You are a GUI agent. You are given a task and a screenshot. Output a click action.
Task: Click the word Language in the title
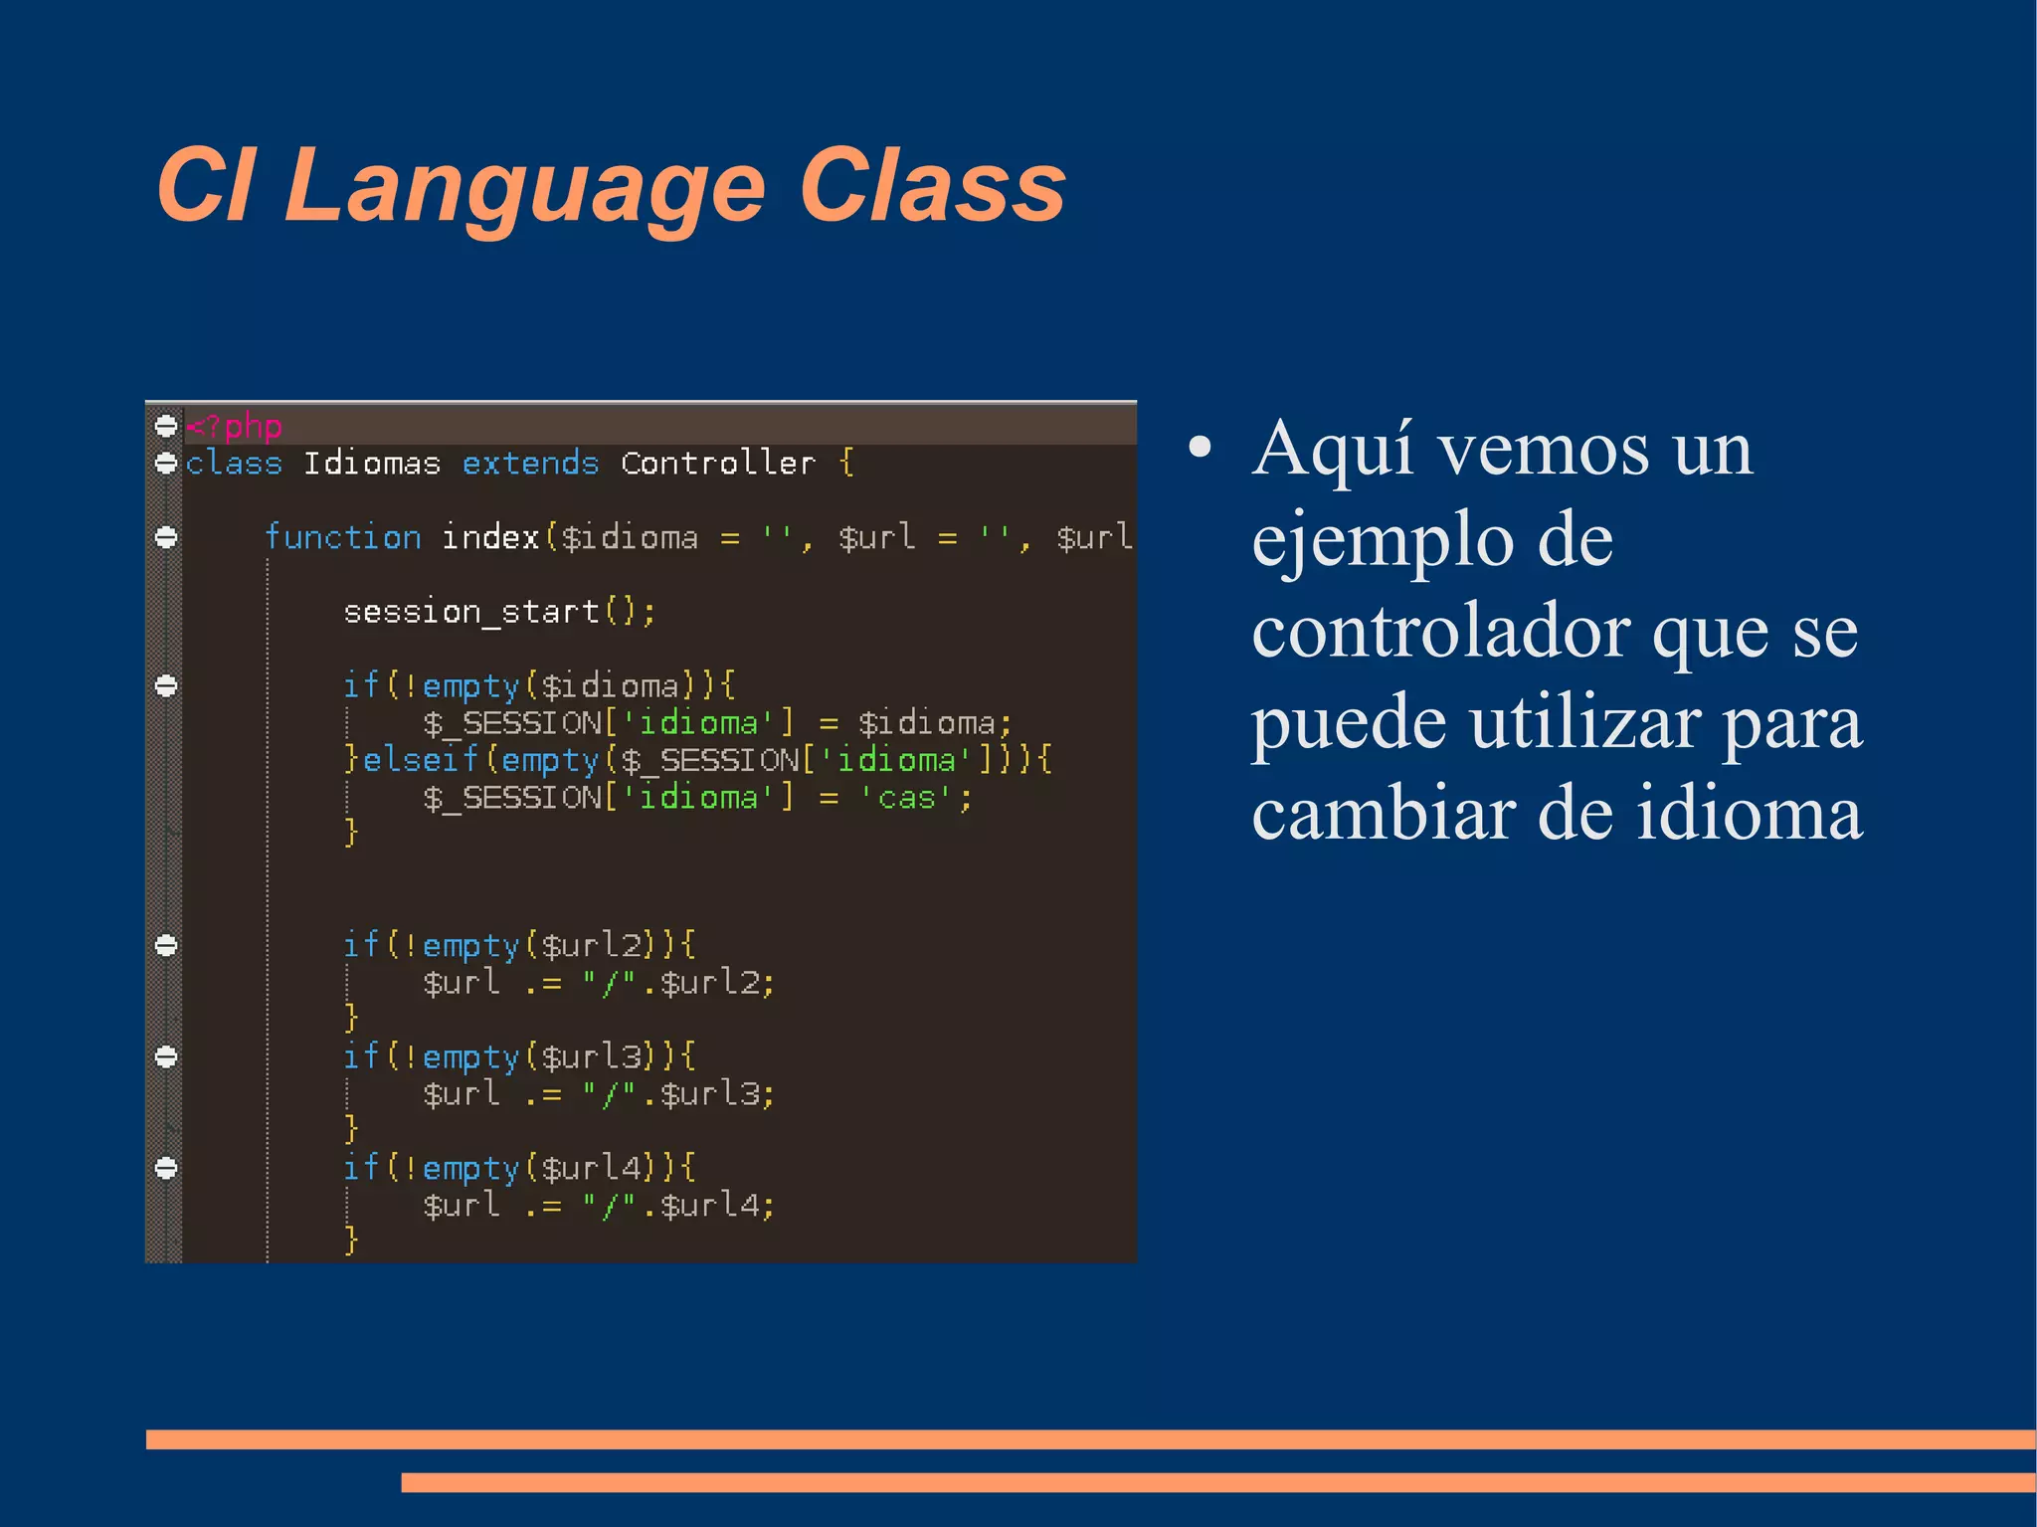(524, 187)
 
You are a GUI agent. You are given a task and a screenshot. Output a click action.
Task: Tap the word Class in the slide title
(932, 185)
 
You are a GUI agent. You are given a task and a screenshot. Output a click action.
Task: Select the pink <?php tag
(235, 427)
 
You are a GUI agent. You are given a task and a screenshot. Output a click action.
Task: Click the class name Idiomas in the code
(372, 464)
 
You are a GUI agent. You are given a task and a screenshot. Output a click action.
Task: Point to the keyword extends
(530, 464)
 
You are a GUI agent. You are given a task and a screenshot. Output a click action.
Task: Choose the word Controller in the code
(717, 464)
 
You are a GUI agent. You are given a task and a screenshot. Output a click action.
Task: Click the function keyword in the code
(343, 537)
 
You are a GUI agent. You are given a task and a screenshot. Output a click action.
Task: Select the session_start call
(498, 612)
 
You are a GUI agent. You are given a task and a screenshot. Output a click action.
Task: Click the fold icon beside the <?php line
(166, 426)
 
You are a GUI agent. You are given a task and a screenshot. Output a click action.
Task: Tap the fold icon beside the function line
(166, 537)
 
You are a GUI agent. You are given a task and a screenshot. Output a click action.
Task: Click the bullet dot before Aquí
(1201, 448)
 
